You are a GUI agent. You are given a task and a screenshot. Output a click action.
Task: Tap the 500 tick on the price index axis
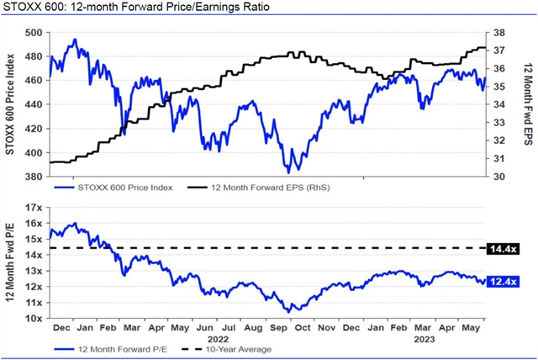(33, 33)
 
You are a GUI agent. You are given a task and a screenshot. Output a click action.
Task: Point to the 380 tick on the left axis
(33, 177)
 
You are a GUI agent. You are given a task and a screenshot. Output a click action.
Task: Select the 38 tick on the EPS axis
(498, 33)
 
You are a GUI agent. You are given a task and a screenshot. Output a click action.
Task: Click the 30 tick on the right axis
(498, 177)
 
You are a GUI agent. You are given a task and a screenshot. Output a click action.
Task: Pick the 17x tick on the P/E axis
(34, 207)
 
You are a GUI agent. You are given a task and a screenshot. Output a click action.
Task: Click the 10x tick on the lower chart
(34, 319)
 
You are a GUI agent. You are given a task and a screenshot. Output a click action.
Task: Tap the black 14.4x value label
(502, 248)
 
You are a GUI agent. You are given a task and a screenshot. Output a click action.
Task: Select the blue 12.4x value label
(502, 280)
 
